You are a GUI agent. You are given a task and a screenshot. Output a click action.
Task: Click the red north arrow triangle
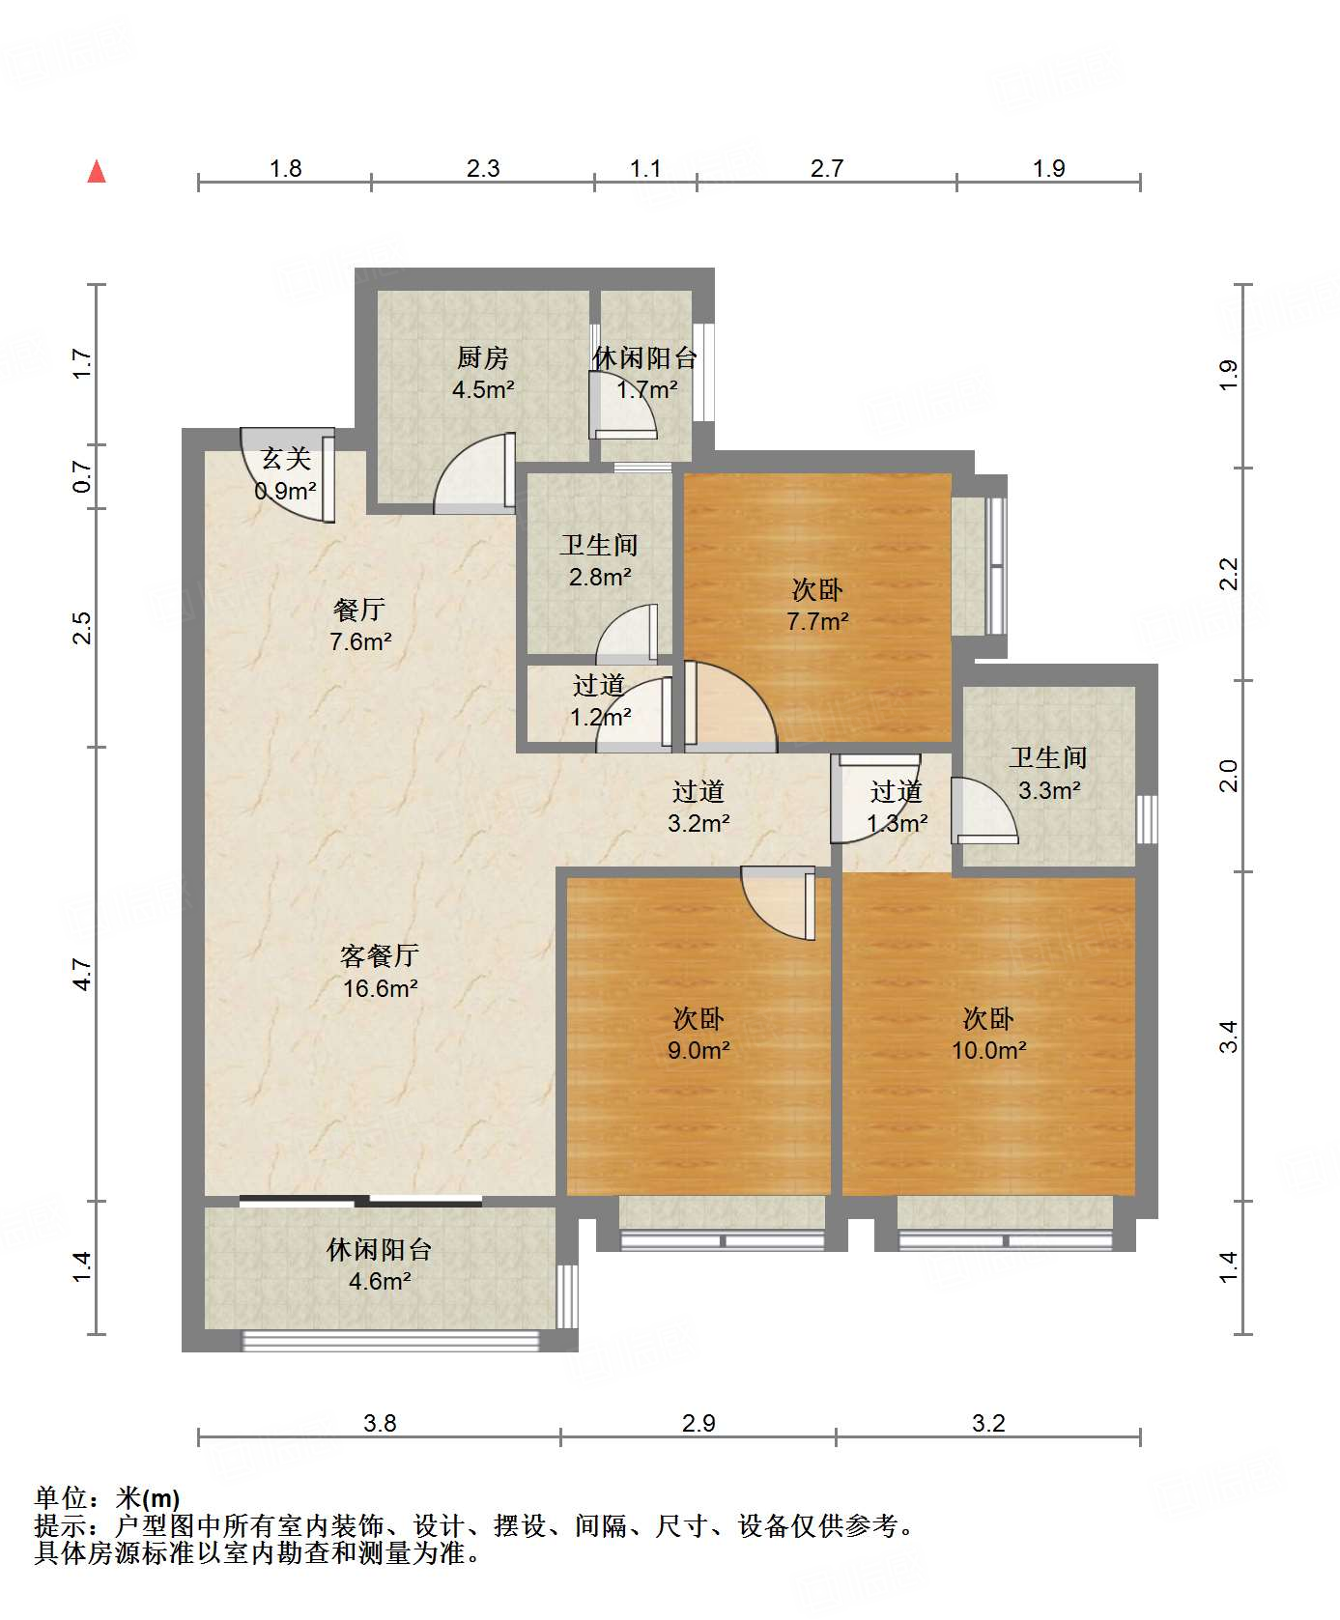97,172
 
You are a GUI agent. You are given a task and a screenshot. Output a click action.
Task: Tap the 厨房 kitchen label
482,357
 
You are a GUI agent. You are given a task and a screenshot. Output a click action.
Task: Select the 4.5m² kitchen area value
482,390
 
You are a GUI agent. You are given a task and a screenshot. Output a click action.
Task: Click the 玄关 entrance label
286,459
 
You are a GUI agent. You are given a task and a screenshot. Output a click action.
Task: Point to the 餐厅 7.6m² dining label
359,625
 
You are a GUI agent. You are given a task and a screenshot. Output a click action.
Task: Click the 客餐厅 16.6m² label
380,972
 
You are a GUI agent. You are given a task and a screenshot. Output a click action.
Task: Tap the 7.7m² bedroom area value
817,622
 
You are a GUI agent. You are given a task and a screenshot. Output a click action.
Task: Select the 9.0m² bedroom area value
698,1050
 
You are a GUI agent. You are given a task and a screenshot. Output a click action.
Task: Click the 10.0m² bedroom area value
988,1050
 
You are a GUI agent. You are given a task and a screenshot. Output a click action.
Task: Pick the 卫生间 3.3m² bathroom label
1048,773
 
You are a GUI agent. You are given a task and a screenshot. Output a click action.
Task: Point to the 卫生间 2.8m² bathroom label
599,560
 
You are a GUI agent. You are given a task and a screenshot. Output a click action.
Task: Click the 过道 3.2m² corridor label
698,807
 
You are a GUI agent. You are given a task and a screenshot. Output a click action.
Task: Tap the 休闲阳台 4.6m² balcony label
379,1265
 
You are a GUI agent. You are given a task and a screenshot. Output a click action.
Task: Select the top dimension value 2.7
827,169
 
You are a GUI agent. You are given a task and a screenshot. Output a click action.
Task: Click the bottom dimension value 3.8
380,1423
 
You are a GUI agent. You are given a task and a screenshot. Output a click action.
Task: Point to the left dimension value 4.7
83,974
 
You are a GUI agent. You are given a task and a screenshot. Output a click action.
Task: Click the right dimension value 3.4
1228,1037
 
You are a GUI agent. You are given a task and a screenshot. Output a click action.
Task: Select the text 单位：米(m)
107,1498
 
